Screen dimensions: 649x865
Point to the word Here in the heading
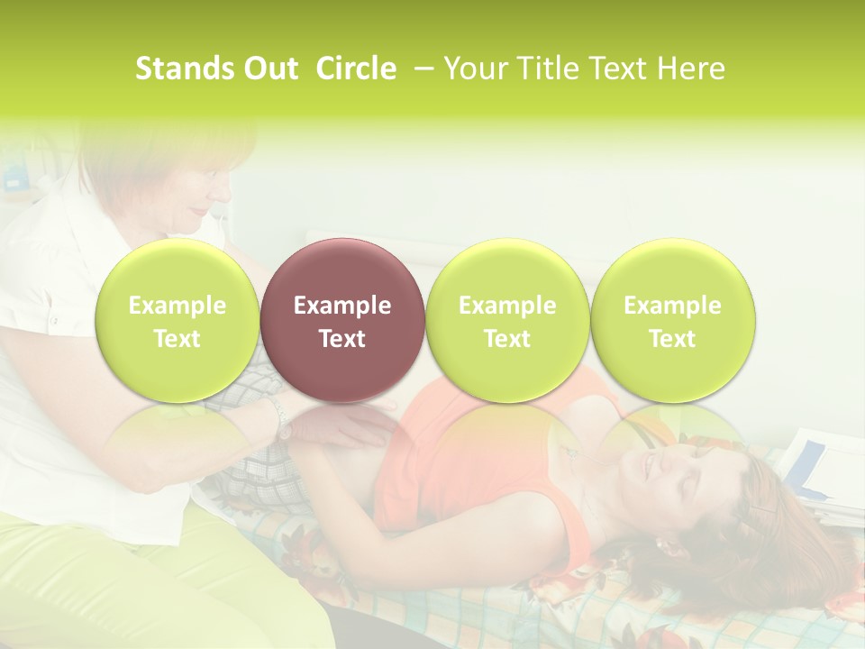691,69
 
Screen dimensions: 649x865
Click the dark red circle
341,321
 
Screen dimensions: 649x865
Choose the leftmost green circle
177,321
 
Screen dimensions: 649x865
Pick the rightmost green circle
672,321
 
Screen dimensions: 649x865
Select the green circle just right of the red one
507,321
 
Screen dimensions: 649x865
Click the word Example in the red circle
341,306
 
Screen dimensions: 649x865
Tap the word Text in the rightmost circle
672,339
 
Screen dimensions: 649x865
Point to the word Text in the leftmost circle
177,339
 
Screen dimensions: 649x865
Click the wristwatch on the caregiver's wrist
282,419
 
